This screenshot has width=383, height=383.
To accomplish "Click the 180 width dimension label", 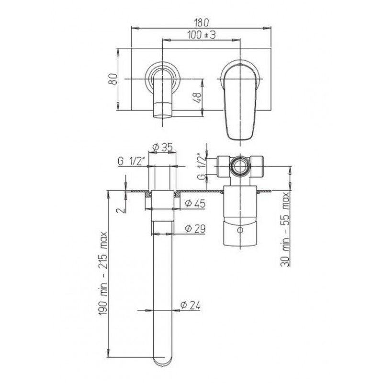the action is [x=202, y=23].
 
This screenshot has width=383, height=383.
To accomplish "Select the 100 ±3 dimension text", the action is [x=202, y=35].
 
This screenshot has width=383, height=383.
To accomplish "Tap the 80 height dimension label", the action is [x=113, y=79].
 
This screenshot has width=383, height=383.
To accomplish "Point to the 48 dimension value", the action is [x=198, y=98].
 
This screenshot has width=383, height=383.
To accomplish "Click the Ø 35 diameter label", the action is [x=162, y=147].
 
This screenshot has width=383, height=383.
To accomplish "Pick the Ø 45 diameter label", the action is [x=195, y=203].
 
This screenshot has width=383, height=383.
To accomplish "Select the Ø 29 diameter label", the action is [x=195, y=229].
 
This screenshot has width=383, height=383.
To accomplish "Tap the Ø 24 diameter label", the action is [x=190, y=305].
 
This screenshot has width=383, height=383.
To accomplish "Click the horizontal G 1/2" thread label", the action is [x=132, y=161].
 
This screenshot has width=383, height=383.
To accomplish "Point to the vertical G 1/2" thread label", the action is [x=202, y=166].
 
